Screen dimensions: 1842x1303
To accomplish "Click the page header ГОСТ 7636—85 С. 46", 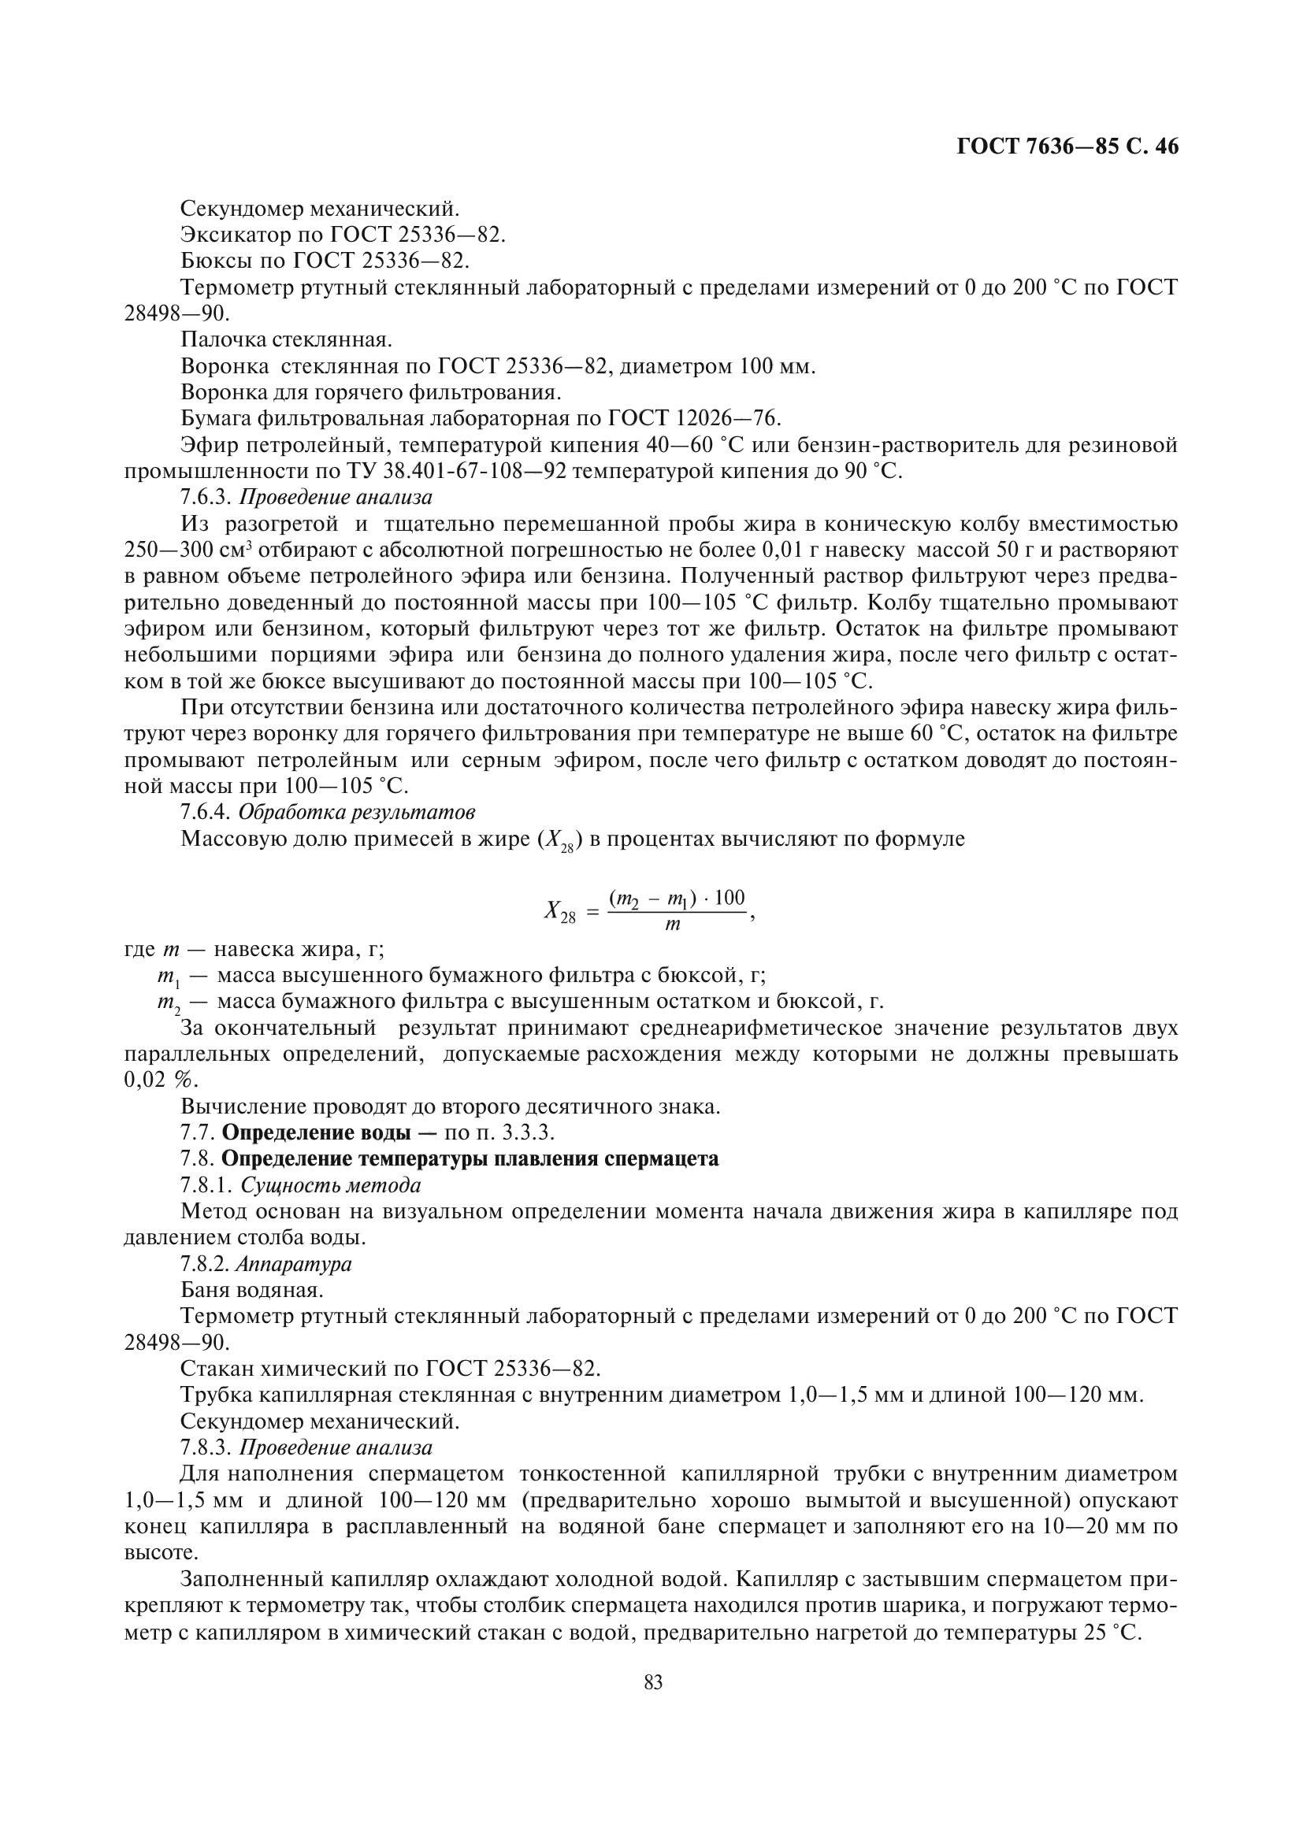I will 1067,146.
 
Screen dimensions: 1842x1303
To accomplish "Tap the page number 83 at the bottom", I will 653,1683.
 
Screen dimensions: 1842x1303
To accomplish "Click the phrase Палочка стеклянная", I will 287,340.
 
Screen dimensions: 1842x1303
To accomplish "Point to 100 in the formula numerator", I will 729,898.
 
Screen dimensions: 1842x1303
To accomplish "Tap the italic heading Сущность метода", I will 331,1185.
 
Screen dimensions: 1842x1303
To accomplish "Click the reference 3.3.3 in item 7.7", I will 530,1132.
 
